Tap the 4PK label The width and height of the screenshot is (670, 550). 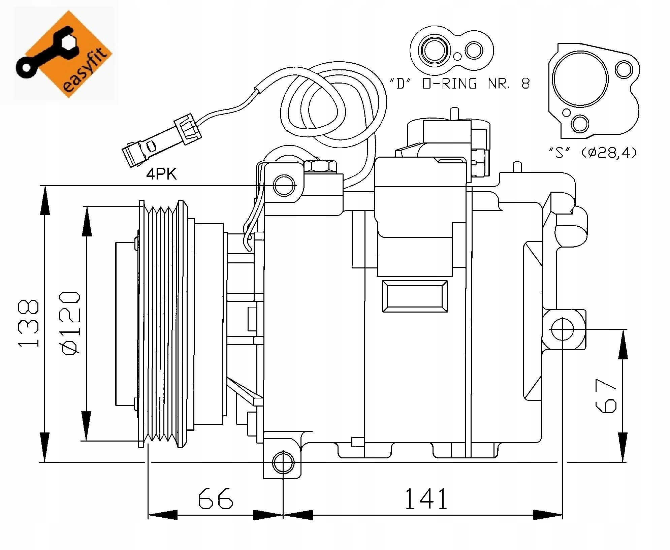161,174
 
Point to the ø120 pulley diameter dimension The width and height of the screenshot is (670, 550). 70,323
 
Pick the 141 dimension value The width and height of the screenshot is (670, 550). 426,498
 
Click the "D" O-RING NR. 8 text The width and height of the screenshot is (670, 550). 459,83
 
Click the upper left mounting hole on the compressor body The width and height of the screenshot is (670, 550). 284,185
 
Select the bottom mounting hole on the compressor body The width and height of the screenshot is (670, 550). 283,463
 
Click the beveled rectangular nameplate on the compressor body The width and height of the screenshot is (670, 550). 415,296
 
